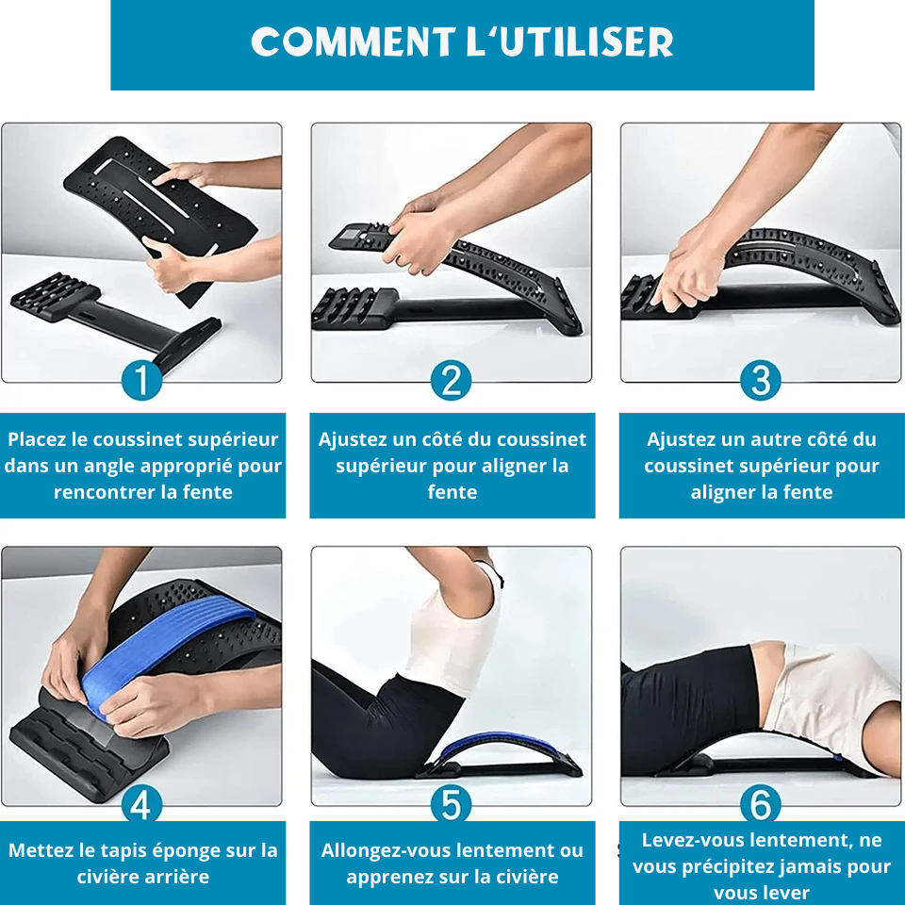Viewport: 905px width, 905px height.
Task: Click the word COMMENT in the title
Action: coord(354,41)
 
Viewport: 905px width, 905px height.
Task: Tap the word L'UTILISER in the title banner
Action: coord(569,41)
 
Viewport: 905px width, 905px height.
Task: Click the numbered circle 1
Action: coord(141,380)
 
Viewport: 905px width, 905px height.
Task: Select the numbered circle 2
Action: coord(451,380)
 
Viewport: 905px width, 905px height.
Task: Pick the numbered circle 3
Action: coord(761,380)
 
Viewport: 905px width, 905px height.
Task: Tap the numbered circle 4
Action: coord(141,804)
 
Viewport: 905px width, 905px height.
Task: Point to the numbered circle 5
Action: coord(451,804)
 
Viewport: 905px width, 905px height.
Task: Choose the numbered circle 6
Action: coord(761,804)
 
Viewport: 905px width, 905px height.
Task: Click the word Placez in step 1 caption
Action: coord(37,439)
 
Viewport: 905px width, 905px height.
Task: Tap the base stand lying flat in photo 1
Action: coord(115,321)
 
